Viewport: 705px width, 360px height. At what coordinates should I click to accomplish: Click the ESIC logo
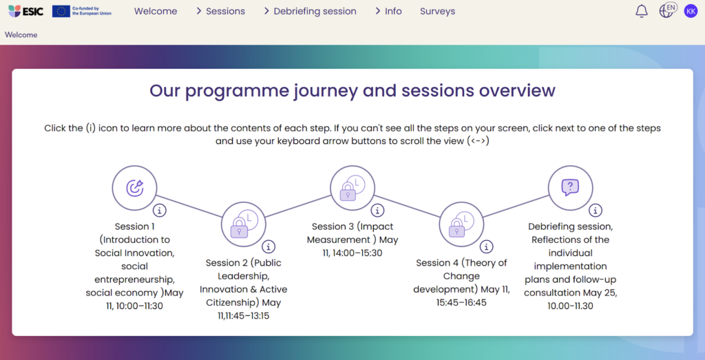click(25, 11)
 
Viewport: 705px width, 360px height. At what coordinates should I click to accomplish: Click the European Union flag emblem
click(61, 11)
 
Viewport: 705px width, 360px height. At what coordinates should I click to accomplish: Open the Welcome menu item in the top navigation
click(156, 11)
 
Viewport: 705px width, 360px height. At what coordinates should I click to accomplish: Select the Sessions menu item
click(221, 11)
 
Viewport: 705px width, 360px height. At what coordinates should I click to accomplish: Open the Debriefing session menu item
click(311, 11)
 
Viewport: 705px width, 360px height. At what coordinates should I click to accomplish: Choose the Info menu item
click(388, 11)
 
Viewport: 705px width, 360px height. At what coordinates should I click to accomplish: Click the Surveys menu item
click(437, 11)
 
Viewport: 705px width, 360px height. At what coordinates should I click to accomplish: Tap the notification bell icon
click(642, 11)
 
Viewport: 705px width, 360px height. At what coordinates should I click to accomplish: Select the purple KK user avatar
click(691, 11)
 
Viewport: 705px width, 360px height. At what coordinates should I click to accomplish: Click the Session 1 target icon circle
click(134, 188)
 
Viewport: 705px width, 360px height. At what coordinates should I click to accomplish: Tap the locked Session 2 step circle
click(243, 224)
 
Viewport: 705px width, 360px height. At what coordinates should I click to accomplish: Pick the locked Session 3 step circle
click(352, 188)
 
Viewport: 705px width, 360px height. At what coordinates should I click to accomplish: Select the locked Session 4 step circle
click(461, 224)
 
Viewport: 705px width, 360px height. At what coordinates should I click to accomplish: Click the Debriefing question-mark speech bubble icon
click(570, 187)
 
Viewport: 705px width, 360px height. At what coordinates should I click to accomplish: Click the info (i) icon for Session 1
click(160, 210)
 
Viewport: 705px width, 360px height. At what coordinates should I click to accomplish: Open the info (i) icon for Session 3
click(377, 210)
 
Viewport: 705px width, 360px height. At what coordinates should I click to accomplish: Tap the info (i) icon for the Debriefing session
click(596, 210)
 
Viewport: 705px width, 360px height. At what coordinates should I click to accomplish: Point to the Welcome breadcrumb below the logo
click(21, 34)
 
